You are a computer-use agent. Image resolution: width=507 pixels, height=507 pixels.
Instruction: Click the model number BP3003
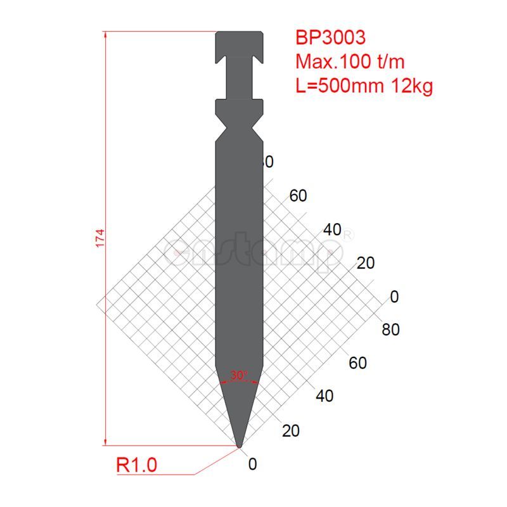[330, 37]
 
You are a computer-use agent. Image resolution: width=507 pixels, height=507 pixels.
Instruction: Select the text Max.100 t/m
[350, 61]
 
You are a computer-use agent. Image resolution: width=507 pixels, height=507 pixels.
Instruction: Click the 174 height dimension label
[99, 238]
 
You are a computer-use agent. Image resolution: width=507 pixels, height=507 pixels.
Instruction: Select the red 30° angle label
[239, 375]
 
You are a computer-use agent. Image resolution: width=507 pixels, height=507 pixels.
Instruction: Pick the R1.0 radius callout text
[136, 466]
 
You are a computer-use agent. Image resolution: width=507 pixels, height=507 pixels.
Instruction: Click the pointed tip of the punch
[239, 446]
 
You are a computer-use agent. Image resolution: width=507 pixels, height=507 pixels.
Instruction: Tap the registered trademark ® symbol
[348, 234]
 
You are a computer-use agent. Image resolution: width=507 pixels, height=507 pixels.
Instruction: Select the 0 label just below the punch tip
[253, 465]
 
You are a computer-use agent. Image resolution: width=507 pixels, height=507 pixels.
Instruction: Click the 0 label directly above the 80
[394, 297]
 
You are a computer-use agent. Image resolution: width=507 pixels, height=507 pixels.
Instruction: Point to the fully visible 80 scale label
[391, 330]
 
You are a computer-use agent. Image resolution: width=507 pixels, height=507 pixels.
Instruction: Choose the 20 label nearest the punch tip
[290, 431]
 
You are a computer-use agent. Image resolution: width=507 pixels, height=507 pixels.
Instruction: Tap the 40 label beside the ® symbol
[332, 230]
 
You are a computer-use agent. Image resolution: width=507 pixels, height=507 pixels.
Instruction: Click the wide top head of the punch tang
[239, 42]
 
